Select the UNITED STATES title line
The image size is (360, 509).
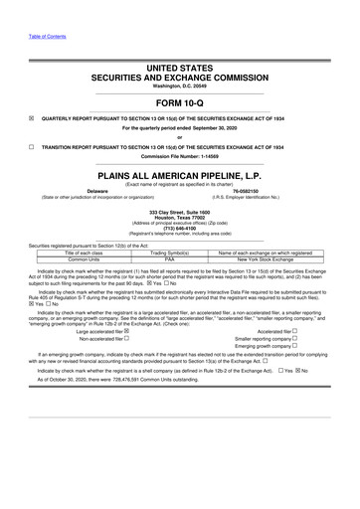[x=179, y=70]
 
